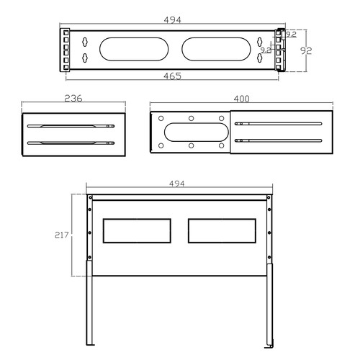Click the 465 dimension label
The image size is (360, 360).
click(171, 76)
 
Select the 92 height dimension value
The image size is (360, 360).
click(306, 50)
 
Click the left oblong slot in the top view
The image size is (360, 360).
click(128, 50)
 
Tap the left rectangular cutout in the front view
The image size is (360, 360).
click(138, 230)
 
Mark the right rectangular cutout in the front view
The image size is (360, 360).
click(221, 230)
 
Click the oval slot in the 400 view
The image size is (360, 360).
click(190, 132)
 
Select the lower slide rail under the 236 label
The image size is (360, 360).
click(71, 143)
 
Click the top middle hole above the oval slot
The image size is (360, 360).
click(190, 118)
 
